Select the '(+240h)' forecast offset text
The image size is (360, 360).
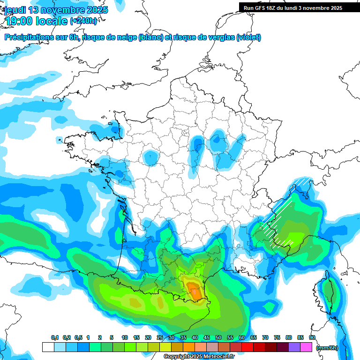84,21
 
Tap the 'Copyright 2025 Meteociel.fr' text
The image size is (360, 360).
198,357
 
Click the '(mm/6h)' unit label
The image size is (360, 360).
327,348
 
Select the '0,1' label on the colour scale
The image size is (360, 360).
55,338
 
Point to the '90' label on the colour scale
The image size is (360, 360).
312,338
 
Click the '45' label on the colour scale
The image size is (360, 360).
207,338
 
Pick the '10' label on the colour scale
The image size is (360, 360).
125,338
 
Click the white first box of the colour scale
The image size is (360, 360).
48,347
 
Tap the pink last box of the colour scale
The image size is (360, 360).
307,347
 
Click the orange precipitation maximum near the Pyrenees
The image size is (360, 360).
193,287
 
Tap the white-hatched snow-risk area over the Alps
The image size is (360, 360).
281,220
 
